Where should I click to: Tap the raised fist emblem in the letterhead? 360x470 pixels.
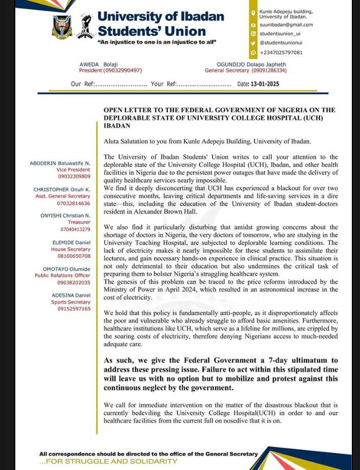tap(85, 26)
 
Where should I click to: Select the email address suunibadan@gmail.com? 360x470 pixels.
tap(286, 24)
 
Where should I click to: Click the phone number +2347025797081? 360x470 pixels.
tap(281, 53)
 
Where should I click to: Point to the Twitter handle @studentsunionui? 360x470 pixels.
tap(280, 43)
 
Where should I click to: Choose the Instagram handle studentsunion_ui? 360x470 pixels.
tap(280, 34)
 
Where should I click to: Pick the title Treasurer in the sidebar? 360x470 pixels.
tap(79, 222)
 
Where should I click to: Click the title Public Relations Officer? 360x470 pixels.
tap(63, 276)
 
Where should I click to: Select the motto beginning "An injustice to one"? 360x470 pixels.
tap(157, 42)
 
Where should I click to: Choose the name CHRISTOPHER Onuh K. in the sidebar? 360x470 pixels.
tap(61, 190)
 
